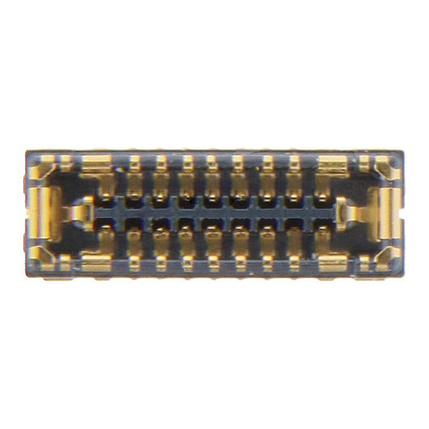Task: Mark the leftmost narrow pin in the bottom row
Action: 134,245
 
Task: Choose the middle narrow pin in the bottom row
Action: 213,245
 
